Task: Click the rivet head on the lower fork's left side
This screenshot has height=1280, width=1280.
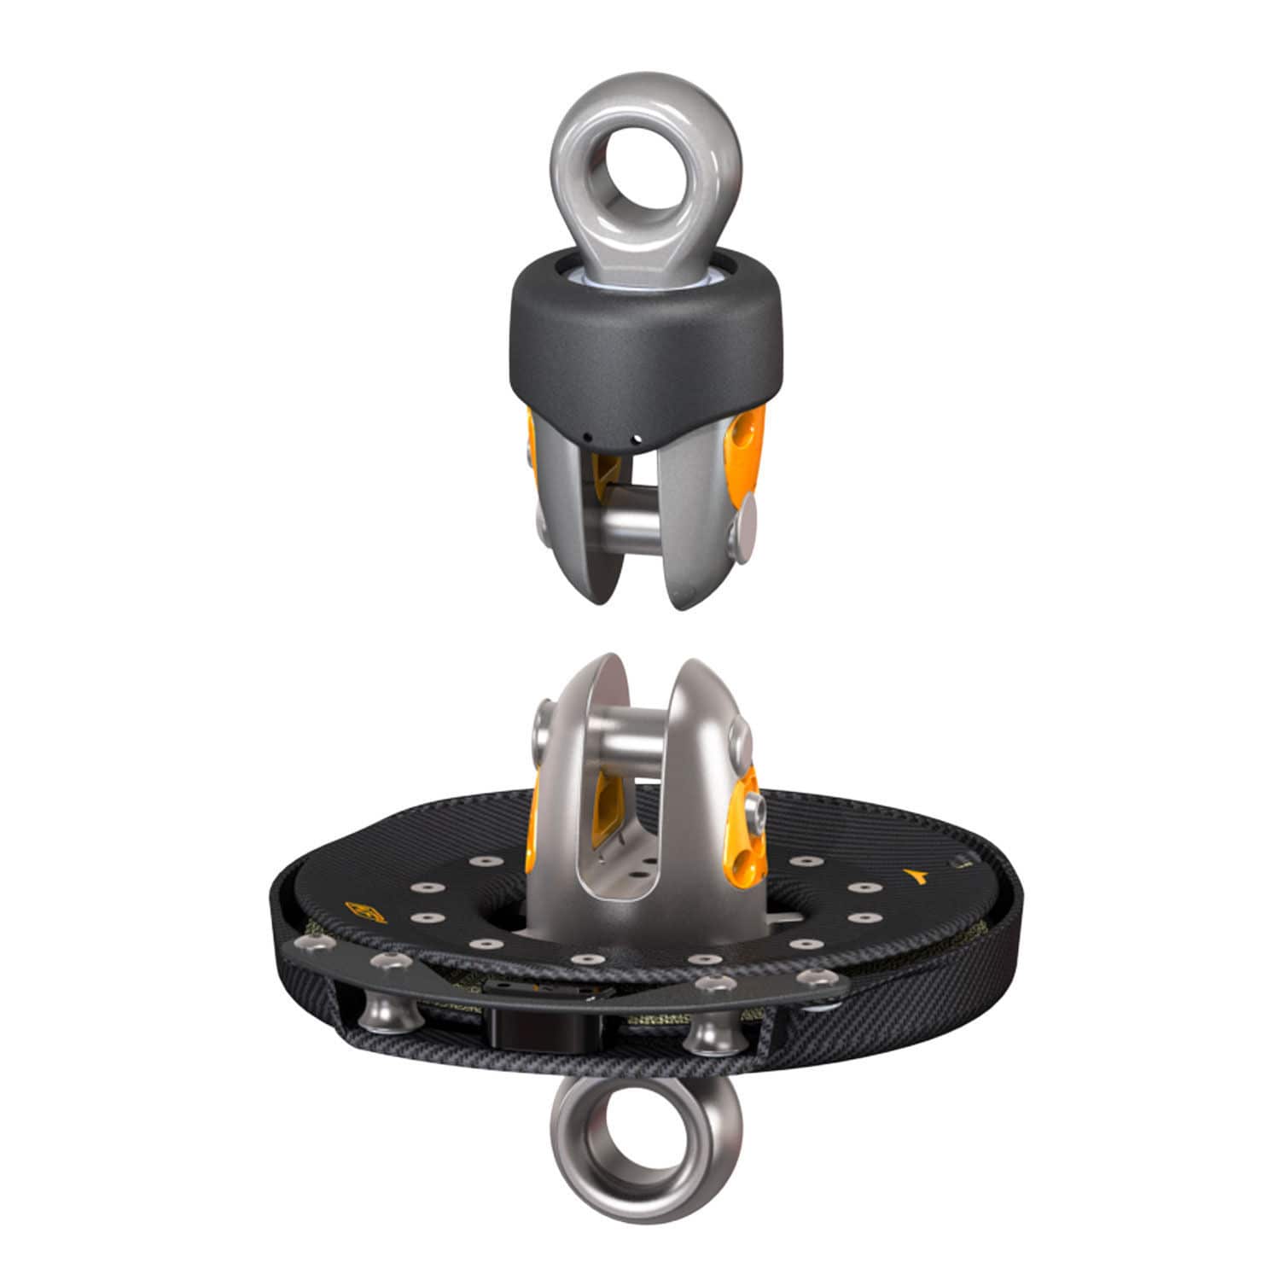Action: [x=543, y=726]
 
